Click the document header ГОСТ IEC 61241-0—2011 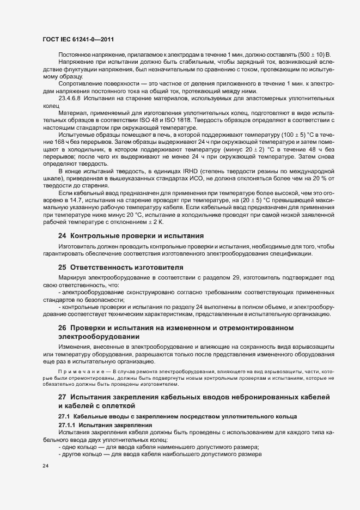coord(77,39)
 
